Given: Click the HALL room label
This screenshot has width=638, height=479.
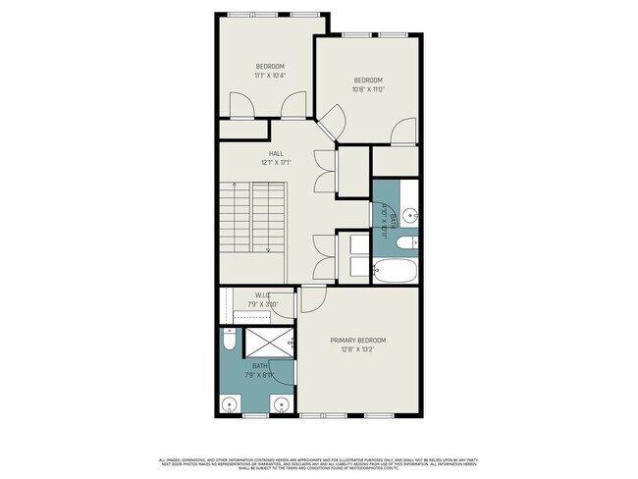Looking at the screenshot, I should (x=276, y=152).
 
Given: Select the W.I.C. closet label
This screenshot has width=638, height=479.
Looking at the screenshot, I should (x=263, y=294).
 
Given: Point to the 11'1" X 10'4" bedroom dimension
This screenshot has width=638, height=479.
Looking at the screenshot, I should (x=269, y=76).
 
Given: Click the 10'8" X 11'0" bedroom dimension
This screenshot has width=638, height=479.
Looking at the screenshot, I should (x=367, y=89).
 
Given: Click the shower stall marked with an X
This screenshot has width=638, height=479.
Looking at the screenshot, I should (x=267, y=343).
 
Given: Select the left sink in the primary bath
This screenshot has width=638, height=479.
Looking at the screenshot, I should (x=230, y=403).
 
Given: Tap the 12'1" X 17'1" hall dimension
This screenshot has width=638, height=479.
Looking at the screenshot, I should (x=276, y=162).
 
